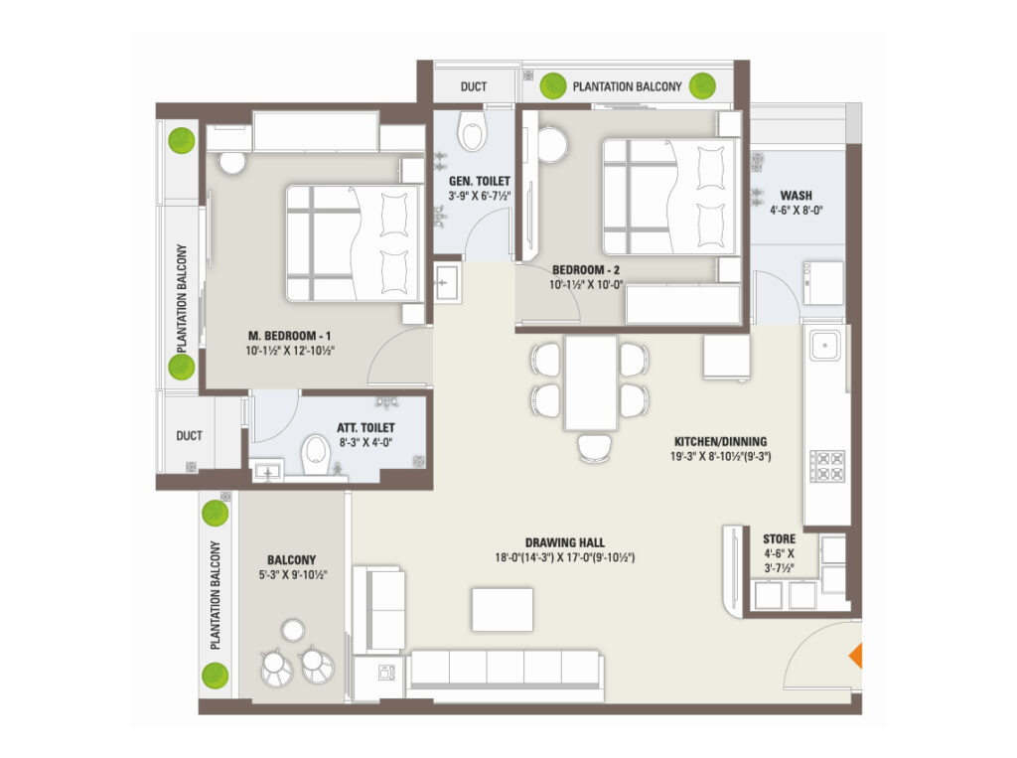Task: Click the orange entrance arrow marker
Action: (856, 656)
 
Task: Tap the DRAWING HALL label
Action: (564, 542)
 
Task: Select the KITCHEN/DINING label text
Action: (721, 441)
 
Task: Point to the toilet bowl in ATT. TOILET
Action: (317, 454)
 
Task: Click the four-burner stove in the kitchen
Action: (827, 466)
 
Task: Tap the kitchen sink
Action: (824, 346)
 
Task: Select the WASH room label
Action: (796, 196)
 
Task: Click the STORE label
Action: (779, 538)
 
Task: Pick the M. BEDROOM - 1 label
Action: (289, 336)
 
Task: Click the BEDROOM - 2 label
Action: (586, 269)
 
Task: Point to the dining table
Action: (590, 382)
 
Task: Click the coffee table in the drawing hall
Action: (502, 609)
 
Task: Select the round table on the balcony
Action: (293, 630)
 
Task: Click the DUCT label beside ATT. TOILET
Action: (190, 435)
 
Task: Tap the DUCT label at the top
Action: (474, 86)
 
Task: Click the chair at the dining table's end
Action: (594, 448)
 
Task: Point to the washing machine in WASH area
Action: (823, 283)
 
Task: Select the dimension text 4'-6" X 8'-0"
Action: (796, 211)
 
